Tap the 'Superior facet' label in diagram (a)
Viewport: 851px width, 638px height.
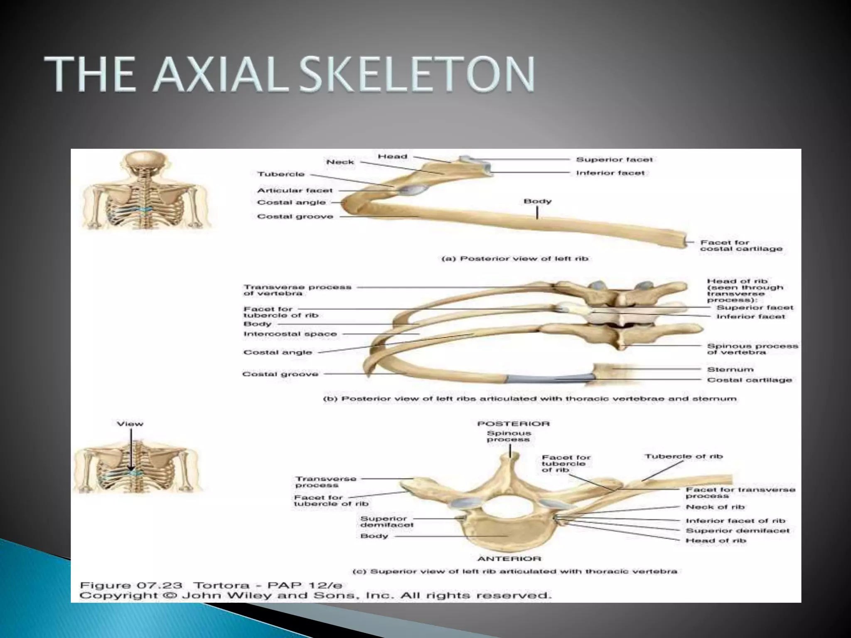(614, 159)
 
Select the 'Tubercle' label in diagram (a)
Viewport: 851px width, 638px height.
(281, 174)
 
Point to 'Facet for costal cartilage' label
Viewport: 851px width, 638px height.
(741, 245)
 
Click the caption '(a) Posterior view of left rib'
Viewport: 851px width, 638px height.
(514, 258)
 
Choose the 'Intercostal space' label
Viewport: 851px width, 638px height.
(290, 334)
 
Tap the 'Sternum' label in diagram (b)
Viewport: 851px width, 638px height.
(730, 369)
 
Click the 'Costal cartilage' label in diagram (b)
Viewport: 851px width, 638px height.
(749, 380)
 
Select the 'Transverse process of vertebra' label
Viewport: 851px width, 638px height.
(297, 290)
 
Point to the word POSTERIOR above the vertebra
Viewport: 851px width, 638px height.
(513, 424)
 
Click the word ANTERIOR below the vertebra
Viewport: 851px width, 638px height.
(509, 559)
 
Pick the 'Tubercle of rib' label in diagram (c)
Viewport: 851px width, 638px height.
(684, 456)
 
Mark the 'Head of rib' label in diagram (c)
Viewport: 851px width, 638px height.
(716, 540)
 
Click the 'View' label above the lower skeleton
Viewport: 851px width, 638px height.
(130, 424)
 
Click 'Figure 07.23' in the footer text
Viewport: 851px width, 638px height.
(131, 586)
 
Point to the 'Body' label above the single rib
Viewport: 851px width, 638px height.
(537, 201)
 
